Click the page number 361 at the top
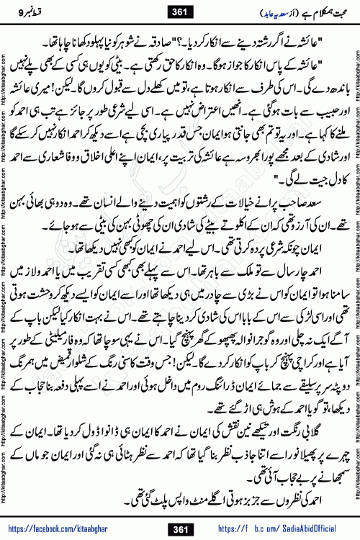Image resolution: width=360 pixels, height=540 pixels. tap(179, 11)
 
